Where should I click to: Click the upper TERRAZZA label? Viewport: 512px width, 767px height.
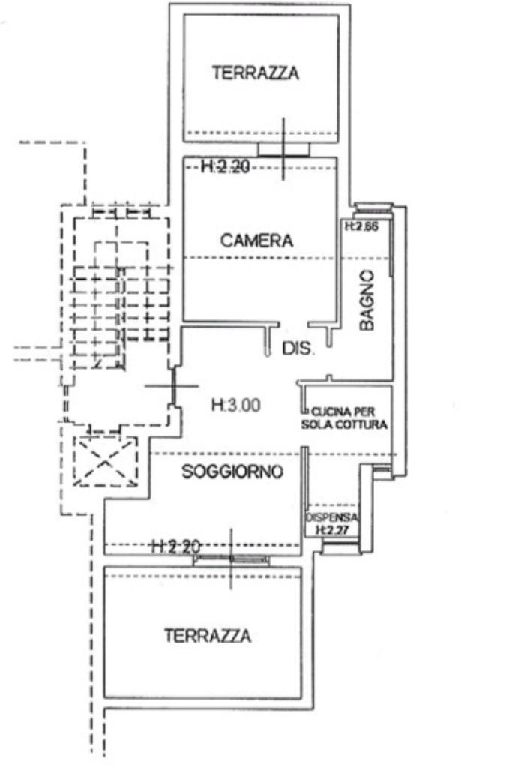pyautogui.click(x=256, y=73)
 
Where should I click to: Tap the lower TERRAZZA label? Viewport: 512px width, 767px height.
pyautogui.click(x=208, y=637)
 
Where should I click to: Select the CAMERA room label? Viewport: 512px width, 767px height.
pyautogui.click(x=256, y=241)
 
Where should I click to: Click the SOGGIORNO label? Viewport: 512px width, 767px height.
pyautogui.click(x=232, y=472)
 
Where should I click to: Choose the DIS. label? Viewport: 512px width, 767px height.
pyautogui.click(x=299, y=349)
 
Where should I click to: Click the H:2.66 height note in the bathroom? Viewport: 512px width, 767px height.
pyautogui.click(x=360, y=226)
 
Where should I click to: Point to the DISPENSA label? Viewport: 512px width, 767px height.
pyautogui.click(x=332, y=518)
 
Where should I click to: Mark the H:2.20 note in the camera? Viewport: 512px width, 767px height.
pyautogui.click(x=225, y=168)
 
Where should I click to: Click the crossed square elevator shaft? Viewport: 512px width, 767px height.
pyautogui.click(x=105, y=460)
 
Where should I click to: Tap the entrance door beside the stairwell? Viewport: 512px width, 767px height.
pyautogui.click(x=172, y=387)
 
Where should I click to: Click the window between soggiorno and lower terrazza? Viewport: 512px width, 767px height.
pyautogui.click(x=231, y=559)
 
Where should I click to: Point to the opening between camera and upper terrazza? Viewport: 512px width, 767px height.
pyautogui.click(x=283, y=149)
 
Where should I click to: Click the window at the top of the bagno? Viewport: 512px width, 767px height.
pyautogui.click(x=371, y=207)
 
